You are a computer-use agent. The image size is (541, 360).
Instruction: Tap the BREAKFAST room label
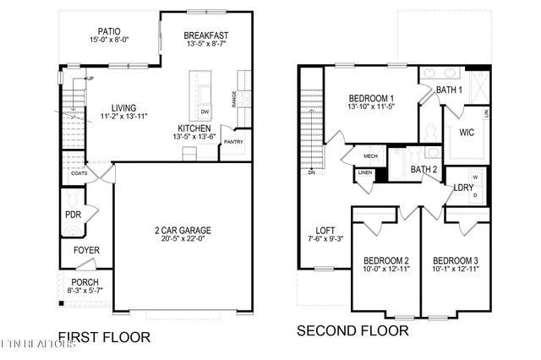coord(206,35)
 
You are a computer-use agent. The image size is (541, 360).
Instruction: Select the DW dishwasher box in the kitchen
coord(205,112)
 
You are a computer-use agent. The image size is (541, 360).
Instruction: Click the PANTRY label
coord(233,142)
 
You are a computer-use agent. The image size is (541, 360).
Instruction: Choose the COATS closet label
coord(79,173)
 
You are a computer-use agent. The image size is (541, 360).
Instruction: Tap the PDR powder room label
coord(73,215)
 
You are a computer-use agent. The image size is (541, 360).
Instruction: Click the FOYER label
coord(85,250)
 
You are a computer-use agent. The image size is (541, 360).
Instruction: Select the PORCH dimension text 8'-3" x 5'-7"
coord(85,291)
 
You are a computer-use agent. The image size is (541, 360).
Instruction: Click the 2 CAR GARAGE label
coord(183,230)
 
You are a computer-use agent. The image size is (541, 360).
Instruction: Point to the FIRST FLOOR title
coord(104,337)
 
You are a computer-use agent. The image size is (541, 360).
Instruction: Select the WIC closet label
coord(467,133)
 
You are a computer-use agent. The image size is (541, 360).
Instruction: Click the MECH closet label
coord(370,156)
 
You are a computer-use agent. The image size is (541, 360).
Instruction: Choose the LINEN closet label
coord(365,173)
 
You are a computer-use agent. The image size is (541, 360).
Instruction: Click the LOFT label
coord(325,230)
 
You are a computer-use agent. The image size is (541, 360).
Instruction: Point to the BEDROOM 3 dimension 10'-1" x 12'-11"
coord(456,270)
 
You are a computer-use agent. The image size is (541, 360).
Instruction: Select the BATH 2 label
coord(424,170)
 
